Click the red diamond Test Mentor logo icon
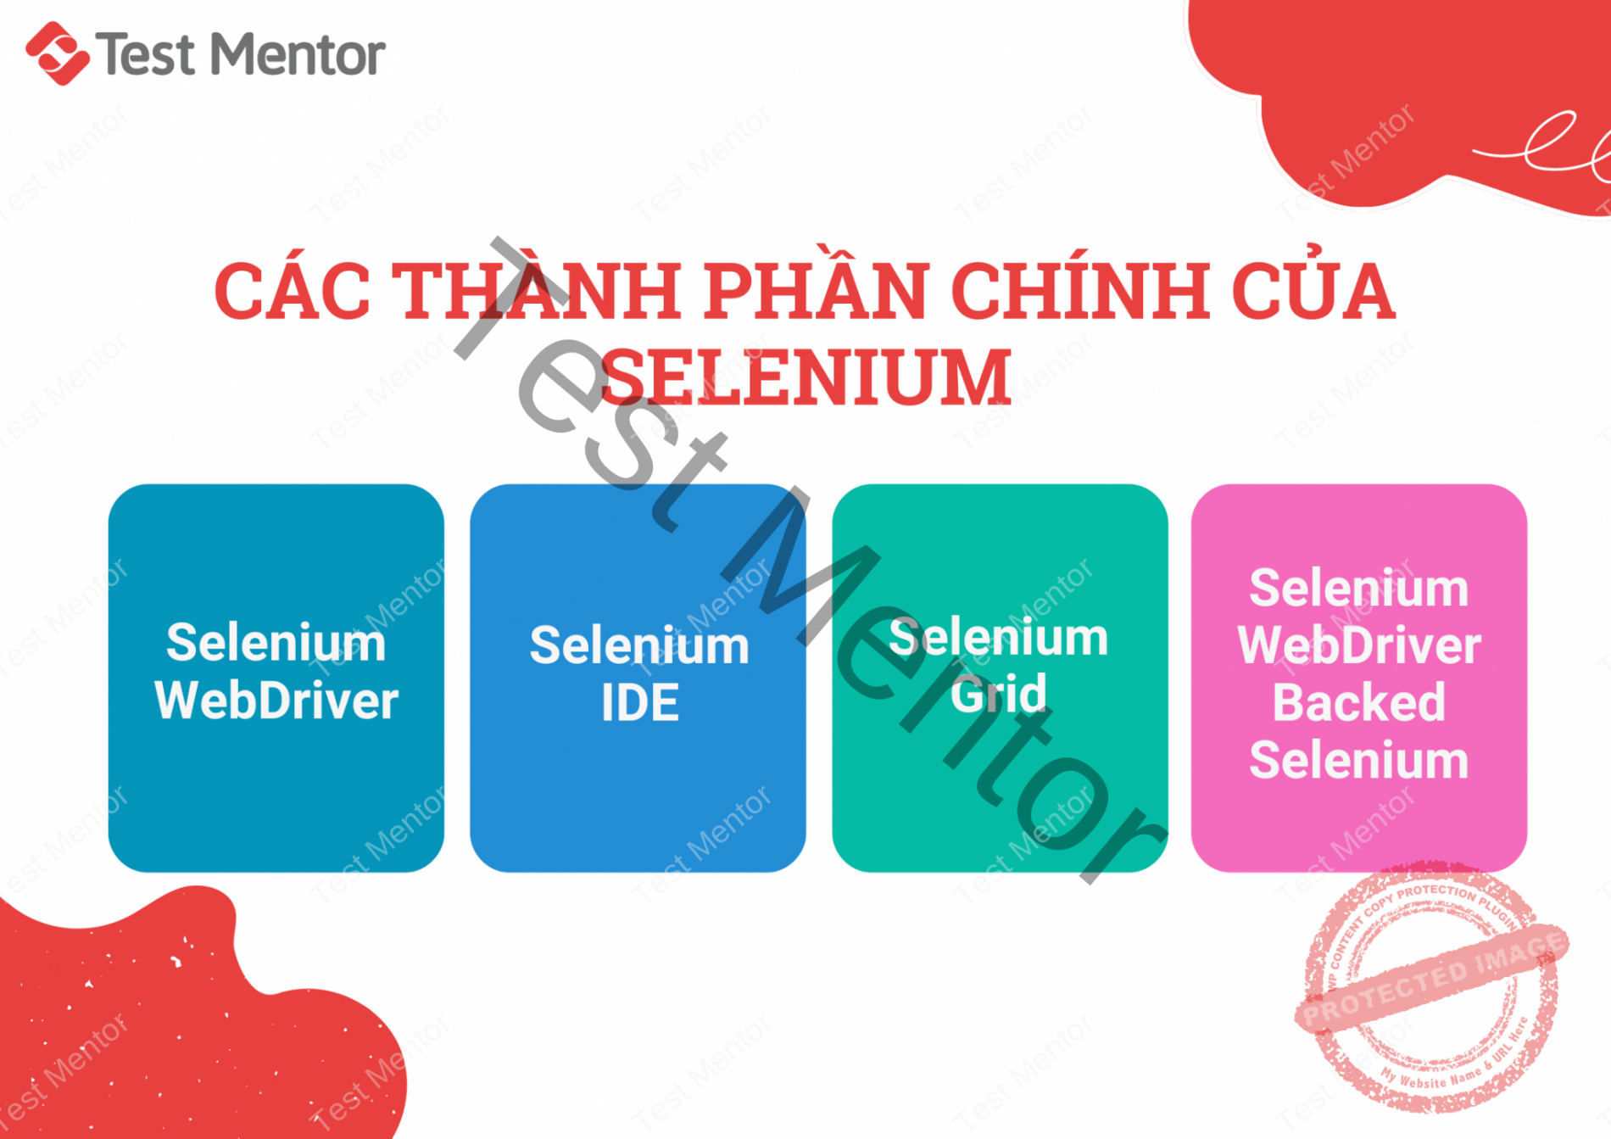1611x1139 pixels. coord(57,53)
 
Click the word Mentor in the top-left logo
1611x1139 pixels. coord(298,55)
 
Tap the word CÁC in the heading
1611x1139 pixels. coord(292,292)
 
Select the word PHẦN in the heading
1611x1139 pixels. coord(816,290)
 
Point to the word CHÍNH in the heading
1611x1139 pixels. coord(1080,290)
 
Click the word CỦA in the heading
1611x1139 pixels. coord(1313,290)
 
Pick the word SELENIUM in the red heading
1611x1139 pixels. coord(805,377)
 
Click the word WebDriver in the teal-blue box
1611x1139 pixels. coord(276,701)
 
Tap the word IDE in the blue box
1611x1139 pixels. coord(639,703)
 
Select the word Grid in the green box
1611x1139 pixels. coord(998,695)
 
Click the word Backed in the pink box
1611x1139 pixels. coord(1358,703)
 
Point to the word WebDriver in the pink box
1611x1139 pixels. coord(1358,645)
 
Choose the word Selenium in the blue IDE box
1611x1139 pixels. coord(639,646)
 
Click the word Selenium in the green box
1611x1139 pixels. coord(998,638)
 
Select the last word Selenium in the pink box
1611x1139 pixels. coord(1358,760)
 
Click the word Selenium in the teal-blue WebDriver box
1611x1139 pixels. coord(276,643)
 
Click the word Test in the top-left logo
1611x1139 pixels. coord(146,55)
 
